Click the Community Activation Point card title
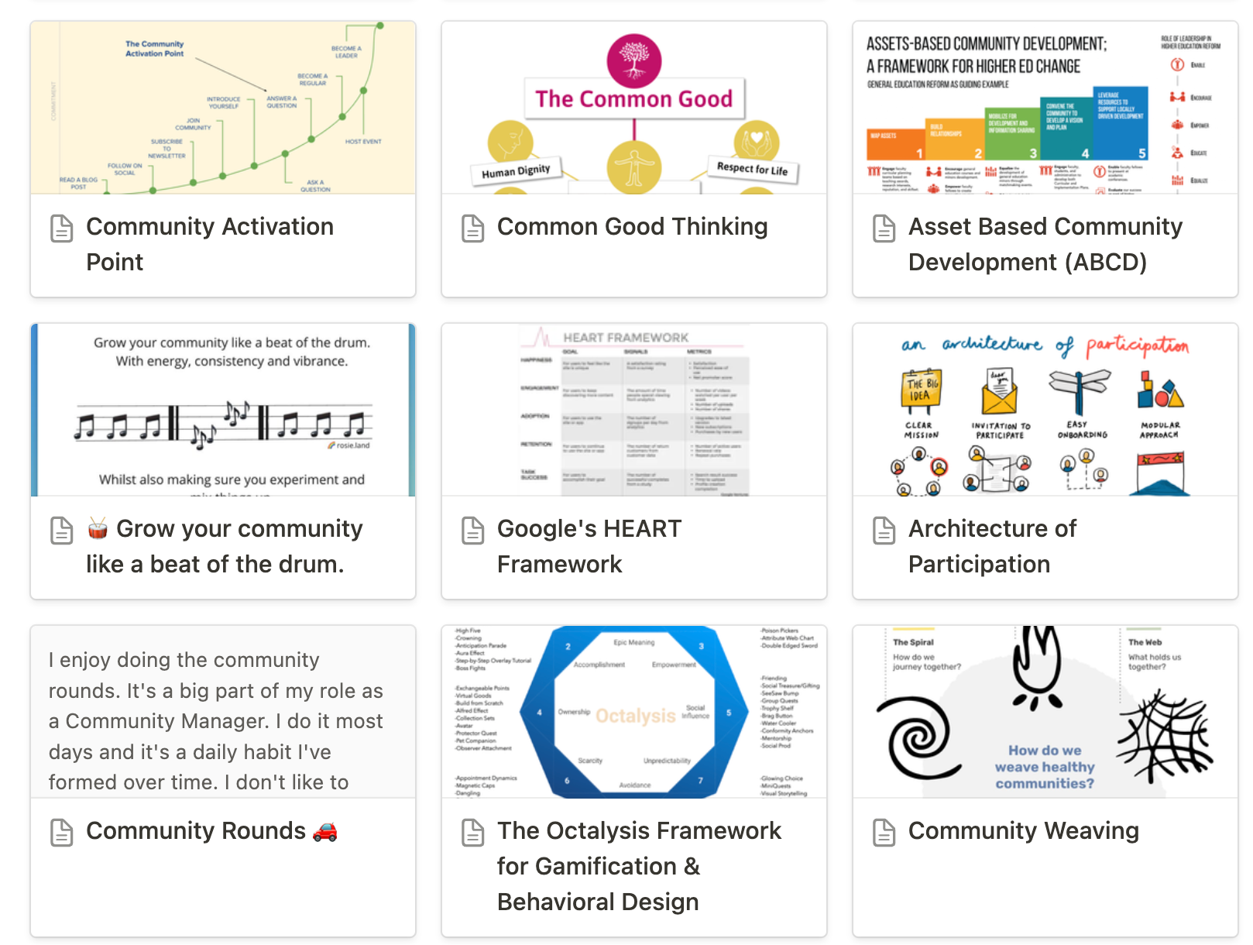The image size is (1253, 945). coord(210,243)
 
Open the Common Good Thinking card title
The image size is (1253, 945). coord(632,226)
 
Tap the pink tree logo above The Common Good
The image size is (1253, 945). coord(634,60)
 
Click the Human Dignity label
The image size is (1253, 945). coord(516,171)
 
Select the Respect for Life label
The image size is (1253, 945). coord(752,168)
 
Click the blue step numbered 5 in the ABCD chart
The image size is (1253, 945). coord(1121,124)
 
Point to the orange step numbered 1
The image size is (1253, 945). coord(896,144)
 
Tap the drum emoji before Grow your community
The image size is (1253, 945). coord(98,528)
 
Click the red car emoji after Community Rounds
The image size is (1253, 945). coord(325,831)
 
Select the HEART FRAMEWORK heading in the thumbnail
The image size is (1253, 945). coord(626,338)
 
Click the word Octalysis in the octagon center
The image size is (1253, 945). coord(636,716)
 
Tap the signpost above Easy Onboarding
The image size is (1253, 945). coord(1079,390)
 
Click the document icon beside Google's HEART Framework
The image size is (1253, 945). coord(472,530)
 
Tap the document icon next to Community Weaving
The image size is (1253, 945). coord(884,832)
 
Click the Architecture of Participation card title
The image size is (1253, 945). coord(992,546)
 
